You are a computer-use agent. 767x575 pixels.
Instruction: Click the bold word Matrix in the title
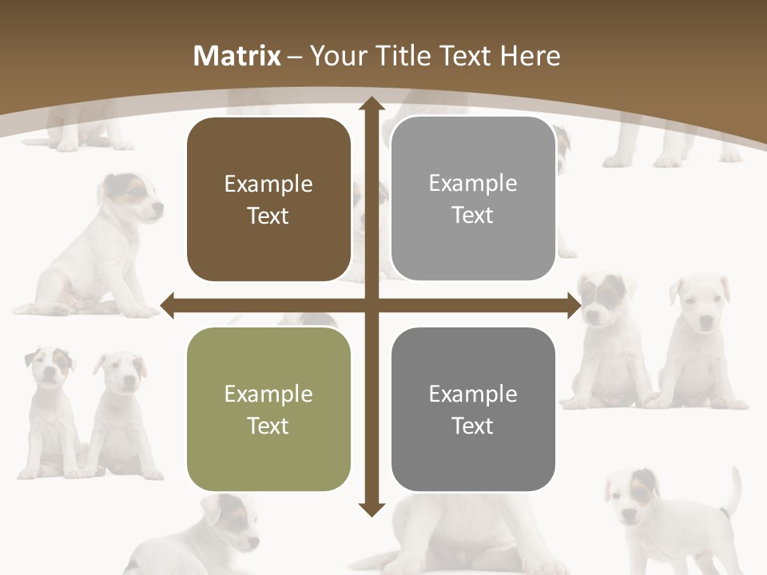click(x=237, y=56)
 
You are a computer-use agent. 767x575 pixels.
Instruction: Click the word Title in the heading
click(x=403, y=56)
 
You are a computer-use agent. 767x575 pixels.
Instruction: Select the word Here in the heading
click(x=530, y=56)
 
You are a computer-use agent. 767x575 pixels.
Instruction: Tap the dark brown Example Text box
click(x=268, y=200)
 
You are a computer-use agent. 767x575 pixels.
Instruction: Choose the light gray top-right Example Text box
click(x=473, y=199)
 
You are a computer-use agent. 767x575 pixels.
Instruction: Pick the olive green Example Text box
click(x=268, y=409)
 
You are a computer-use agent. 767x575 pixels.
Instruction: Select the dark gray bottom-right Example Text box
click(x=473, y=409)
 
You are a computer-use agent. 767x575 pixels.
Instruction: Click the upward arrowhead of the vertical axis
click(x=371, y=105)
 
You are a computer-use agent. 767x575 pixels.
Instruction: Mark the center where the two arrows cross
click(x=371, y=305)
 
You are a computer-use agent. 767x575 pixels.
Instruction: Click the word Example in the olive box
click(x=268, y=394)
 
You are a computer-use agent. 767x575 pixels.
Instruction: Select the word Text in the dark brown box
click(x=268, y=216)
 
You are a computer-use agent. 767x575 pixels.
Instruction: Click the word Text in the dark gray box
click(x=473, y=426)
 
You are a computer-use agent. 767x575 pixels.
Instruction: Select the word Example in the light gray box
click(x=473, y=184)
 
